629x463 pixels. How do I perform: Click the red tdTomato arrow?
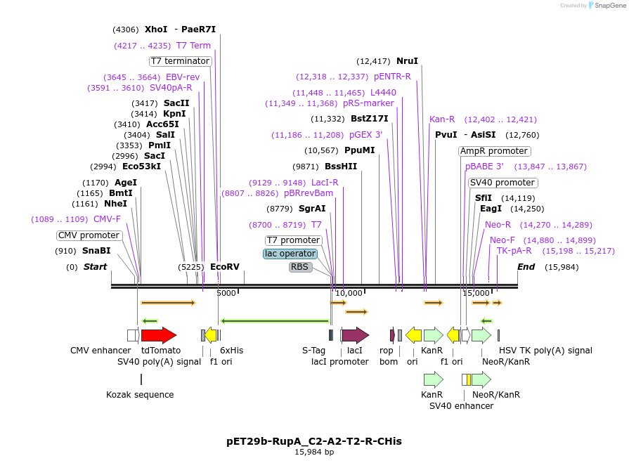coord(158,335)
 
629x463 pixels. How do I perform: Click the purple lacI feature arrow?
coord(354,335)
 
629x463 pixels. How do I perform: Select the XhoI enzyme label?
coord(156,30)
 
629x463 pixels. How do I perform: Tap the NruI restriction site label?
coord(407,61)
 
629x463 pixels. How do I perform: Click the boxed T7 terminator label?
coord(181,61)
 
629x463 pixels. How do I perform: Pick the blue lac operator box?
coord(290,254)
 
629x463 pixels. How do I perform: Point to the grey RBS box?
coord(300,267)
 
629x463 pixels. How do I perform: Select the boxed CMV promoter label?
coord(89,235)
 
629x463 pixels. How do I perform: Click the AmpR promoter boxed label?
coord(494,151)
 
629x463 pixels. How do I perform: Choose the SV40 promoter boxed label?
coord(502,183)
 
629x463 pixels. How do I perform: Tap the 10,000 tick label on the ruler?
coord(349,293)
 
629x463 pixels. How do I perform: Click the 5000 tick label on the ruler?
coord(226,293)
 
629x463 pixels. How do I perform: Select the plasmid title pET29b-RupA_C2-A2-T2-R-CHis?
coord(314,441)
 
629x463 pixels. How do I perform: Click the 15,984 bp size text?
coord(314,452)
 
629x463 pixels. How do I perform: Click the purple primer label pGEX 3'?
coord(365,135)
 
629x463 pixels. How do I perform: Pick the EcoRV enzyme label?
coord(225,267)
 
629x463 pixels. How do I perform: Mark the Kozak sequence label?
coord(140,395)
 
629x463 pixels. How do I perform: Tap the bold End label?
coord(526,267)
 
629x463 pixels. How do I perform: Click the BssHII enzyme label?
coord(341,167)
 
